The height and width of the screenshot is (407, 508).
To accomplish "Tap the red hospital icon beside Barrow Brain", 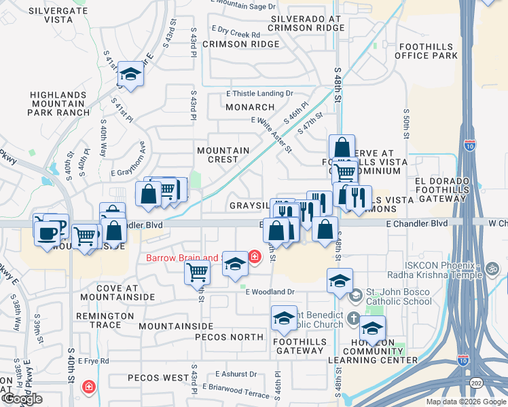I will coord(254,257).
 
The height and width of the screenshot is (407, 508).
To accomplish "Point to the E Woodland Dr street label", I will coord(270,292).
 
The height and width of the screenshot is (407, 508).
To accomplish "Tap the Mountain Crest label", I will coord(223,155).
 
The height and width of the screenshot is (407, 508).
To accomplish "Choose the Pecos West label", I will coord(157,378).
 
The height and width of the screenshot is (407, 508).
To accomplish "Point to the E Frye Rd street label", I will coord(94,361).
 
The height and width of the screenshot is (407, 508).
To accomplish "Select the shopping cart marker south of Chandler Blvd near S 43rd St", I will coord(197,273).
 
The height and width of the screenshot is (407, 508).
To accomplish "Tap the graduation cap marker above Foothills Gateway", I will coord(284,318).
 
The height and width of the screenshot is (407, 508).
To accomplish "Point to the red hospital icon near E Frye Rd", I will coord(88,387).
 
